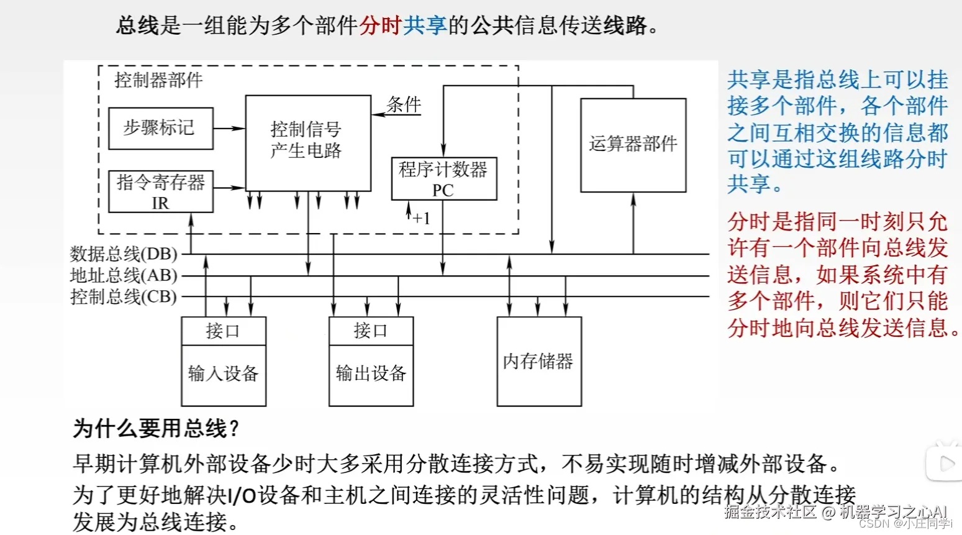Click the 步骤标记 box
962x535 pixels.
pyautogui.click(x=160, y=128)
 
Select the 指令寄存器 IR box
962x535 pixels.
pyautogui.click(x=160, y=191)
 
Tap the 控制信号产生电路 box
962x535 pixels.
pyautogui.click(x=307, y=142)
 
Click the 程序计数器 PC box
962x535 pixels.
pyautogui.click(x=443, y=179)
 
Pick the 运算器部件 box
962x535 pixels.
pyautogui.click(x=633, y=145)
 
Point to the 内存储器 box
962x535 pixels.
pyautogui.click(x=538, y=361)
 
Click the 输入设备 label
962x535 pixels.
pyautogui.click(x=223, y=374)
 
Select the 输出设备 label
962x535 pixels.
pyautogui.click(x=371, y=374)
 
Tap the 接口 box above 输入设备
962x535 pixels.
pyautogui.click(x=223, y=331)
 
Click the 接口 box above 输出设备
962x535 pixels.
pyautogui.click(x=371, y=331)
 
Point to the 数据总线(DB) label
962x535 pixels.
pyautogui.click(x=124, y=254)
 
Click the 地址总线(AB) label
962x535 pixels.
pyautogui.click(x=124, y=275)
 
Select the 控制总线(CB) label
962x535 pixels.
pyautogui.click(x=124, y=296)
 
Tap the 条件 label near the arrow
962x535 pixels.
pyautogui.click(x=404, y=104)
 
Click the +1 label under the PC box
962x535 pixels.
pyautogui.click(x=421, y=218)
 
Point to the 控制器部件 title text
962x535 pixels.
pyautogui.click(x=158, y=80)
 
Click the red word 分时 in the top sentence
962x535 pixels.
pyautogui.click(x=381, y=25)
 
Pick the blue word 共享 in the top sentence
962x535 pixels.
pyautogui.click(x=425, y=25)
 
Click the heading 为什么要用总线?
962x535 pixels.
pyautogui.click(x=156, y=428)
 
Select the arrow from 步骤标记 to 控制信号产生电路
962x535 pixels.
pyautogui.click(x=229, y=128)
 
